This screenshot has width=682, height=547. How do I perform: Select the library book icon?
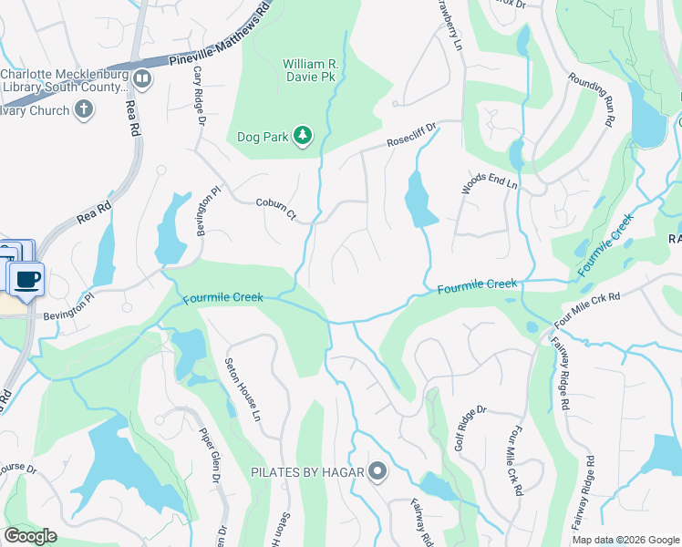[x=142, y=79]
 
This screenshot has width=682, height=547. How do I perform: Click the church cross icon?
[x=84, y=110]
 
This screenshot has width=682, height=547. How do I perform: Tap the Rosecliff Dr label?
[x=412, y=137]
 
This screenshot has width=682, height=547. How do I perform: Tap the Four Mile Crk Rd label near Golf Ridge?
[x=516, y=461]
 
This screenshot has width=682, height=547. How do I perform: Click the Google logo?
[x=31, y=536]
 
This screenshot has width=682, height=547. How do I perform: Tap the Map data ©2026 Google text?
[x=625, y=540]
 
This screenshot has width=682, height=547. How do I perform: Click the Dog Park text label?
[x=263, y=137]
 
